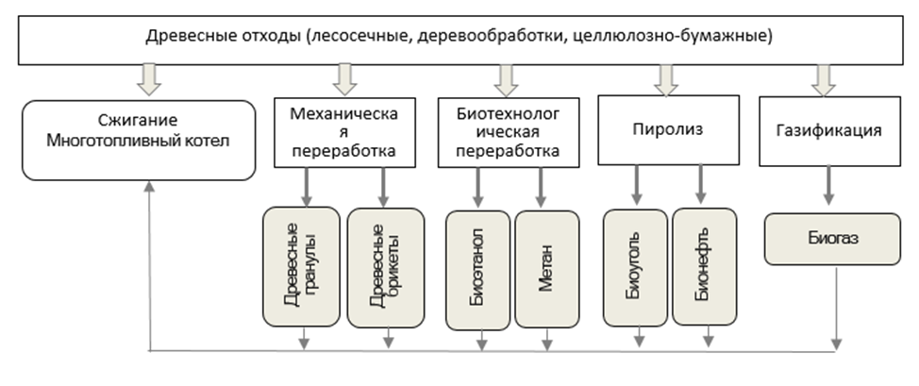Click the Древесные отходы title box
coord(459,39)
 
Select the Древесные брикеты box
coord(384,267)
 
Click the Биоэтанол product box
coord(478,269)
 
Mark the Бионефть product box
coord(704,269)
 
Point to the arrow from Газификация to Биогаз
coord(828,186)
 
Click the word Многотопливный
coord(138,143)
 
